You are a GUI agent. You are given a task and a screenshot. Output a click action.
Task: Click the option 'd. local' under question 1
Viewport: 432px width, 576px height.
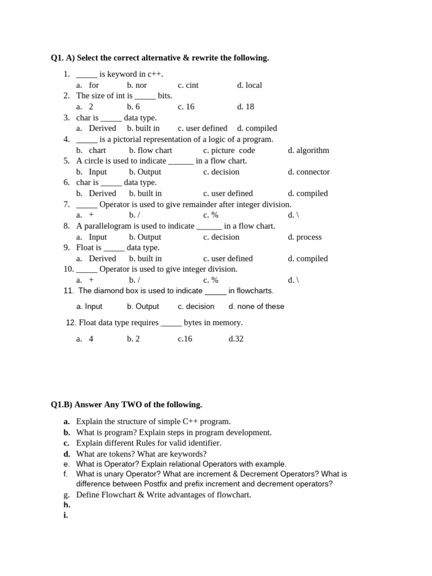[x=249, y=85]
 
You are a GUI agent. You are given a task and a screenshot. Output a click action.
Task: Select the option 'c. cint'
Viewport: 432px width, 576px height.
[x=188, y=85]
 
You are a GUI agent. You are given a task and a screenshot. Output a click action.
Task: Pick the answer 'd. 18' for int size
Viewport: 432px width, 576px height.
[x=245, y=106]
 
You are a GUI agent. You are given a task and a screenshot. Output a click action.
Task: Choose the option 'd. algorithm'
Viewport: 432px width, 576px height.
[x=308, y=150]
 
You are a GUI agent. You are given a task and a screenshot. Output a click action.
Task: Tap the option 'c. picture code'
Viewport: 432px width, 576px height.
[x=229, y=150]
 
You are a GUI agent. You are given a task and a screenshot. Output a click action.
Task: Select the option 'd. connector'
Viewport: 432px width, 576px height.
[x=309, y=172]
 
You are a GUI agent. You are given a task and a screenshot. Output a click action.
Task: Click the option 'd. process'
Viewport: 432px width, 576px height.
[x=305, y=237]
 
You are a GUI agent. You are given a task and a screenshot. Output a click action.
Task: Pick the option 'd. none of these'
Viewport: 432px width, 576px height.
[x=256, y=307]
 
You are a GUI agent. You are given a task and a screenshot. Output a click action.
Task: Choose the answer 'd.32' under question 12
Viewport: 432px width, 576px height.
[x=236, y=339]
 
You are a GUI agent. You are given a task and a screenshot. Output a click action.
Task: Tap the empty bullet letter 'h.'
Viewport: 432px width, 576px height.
[x=67, y=505]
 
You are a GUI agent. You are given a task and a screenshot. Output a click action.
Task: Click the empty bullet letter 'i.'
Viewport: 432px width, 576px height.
[x=66, y=515]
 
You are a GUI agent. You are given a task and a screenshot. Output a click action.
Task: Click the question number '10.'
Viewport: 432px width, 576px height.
[x=69, y=269]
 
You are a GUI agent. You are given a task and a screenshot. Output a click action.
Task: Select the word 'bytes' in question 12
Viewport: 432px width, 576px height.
[x=193, y=322]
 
